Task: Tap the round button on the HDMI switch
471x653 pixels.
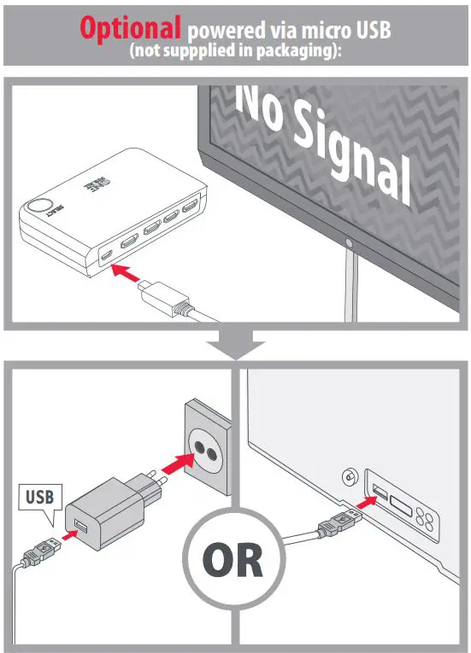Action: point(38,208)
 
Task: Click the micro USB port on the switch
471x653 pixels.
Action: point(107,255)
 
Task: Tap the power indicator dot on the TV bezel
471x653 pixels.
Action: point(349,243)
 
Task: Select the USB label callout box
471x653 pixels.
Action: point(38,496)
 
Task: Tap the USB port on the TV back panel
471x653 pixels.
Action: point(377,492)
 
